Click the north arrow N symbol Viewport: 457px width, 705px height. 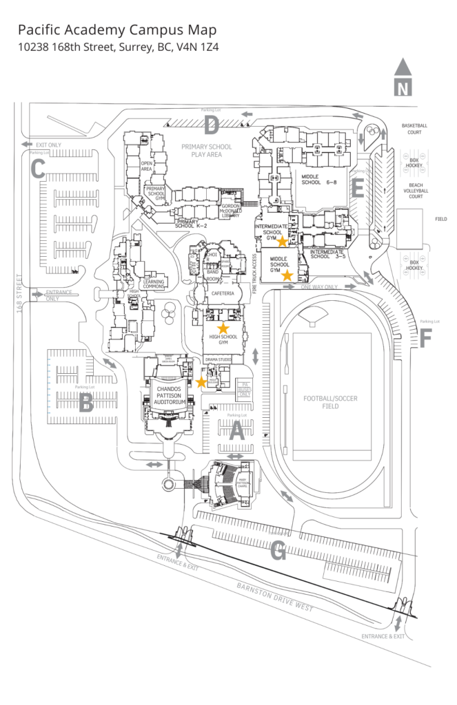click(x=403, y=78)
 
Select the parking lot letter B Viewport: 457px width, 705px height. click(x=86, y=403)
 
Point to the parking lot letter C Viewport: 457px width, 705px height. click(x=38, y=167)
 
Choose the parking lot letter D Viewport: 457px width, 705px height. click(x=211, y=125)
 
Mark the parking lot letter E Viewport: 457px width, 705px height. click(x=357, y=187)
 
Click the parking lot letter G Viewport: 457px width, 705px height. click(x=278, y=550)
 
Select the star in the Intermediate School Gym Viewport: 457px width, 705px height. click(x=282, y=242)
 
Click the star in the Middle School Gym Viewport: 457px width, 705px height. click(x=287, y=275)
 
